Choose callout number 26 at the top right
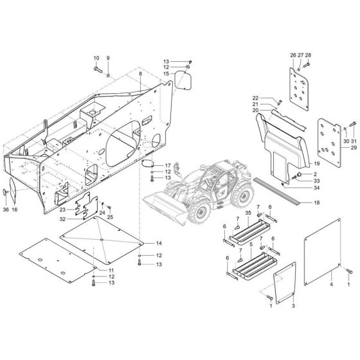(x=292, y=55)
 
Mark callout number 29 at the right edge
(x=353, y=148)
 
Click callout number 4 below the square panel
(x=332, y=283)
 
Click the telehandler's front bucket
(x=164, y=192)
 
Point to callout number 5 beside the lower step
(x=249, y=246)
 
